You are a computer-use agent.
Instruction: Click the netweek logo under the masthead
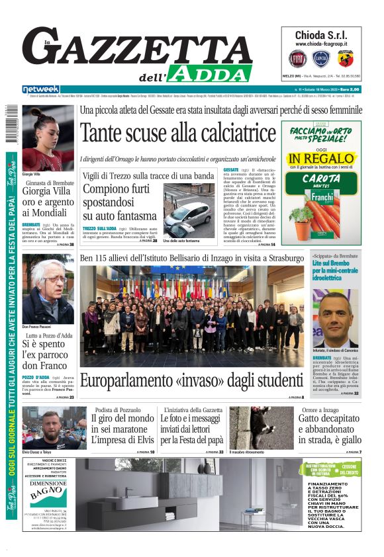[x=41, y=89]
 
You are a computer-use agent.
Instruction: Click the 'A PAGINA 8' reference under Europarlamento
[x=295, y=398]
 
